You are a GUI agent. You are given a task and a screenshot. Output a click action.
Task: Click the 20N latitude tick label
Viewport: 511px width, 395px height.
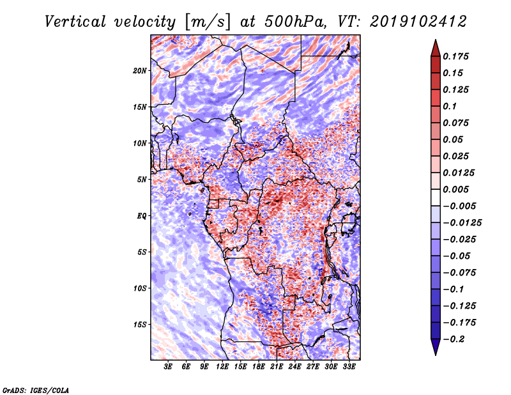(x=140, y=70)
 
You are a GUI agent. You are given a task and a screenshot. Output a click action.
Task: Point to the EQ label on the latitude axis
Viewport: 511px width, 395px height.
(x=142, y=216)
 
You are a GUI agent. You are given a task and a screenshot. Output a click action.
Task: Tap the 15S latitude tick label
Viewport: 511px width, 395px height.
(x=140, y=325)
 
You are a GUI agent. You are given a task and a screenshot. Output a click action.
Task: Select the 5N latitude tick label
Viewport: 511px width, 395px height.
(x=142, y=180)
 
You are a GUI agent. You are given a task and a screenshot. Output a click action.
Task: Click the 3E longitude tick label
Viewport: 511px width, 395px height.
(x=169, y=367)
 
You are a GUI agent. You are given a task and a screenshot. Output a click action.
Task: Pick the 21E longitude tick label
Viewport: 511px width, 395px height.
(x=277, y=367)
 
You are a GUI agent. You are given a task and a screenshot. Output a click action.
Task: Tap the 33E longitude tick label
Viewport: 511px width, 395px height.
(x=349, y=367)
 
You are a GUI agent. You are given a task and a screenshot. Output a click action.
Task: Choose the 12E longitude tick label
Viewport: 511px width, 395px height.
(x=223, y=367)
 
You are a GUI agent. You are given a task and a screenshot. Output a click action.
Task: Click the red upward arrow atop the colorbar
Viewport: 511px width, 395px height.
(x=435, y=47)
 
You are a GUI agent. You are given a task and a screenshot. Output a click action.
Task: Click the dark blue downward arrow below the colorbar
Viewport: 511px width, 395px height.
(x=435, y=348)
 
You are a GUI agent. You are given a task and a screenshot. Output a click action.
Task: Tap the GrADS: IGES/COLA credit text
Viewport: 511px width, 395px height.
(x=36, y=389)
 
